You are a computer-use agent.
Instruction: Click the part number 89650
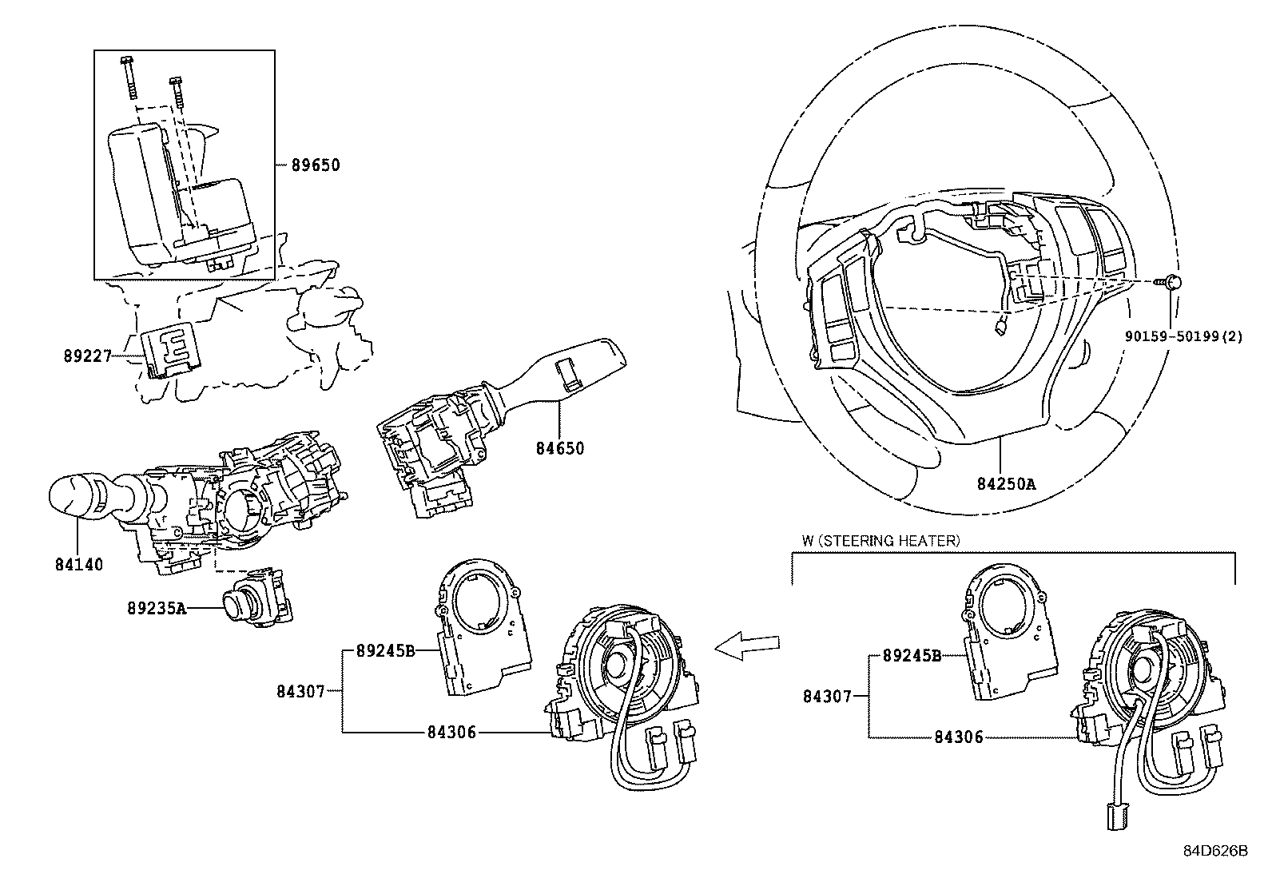pos(315,166)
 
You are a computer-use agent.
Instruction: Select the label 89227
pos(88,356)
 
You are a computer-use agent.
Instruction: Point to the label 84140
pos(79,565)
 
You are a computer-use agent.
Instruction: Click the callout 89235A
pos(156,609)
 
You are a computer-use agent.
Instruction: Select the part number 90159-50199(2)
pos(1183,336)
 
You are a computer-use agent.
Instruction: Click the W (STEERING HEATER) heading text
pos(880,541)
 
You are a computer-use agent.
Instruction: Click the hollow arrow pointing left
pos(747,646)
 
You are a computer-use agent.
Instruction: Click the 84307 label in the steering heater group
pos(827,697)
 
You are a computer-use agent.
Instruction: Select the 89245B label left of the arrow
pos(384,651)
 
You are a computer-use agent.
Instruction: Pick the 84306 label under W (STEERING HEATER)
pos(959,737)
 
